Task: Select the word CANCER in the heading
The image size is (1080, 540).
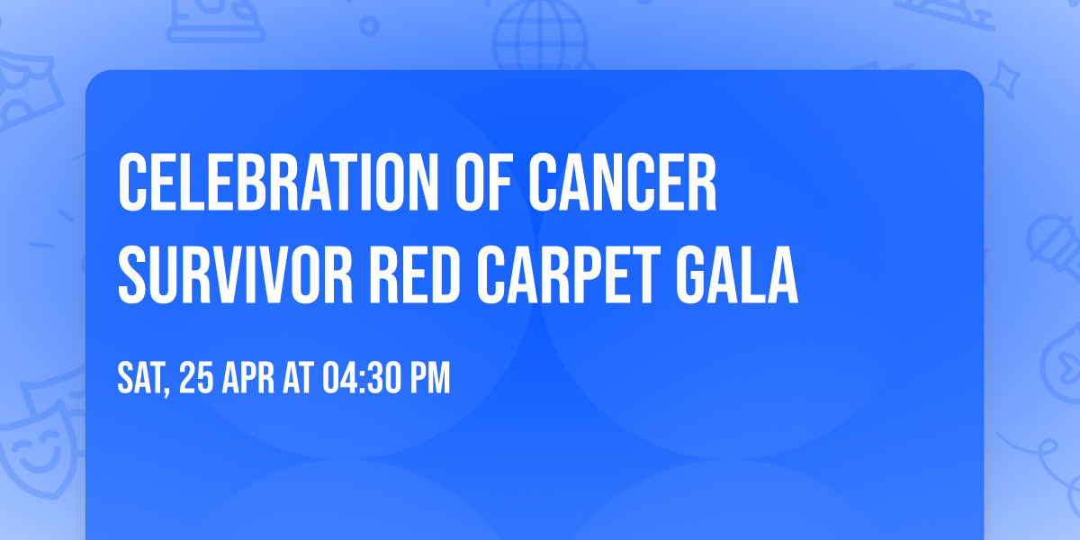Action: tap(622, 184)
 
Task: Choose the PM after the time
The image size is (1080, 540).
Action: tap(428, 379)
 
